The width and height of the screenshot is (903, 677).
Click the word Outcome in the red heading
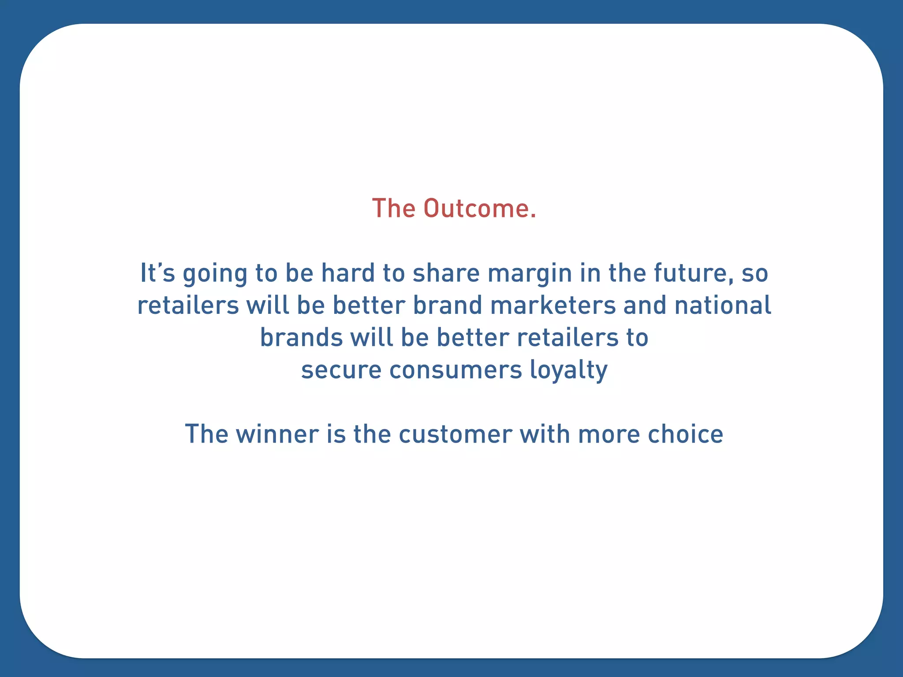480,208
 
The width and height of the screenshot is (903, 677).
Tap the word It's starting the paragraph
157,273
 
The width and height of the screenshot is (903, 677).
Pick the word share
446,273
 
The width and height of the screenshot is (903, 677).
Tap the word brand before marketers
448,305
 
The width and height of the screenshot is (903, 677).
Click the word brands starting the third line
301,338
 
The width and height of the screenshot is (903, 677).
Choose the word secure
341,370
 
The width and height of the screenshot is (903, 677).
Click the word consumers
455,370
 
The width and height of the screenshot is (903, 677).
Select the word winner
277,434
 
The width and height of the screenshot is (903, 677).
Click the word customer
455,434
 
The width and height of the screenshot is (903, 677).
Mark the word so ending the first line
754,274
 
